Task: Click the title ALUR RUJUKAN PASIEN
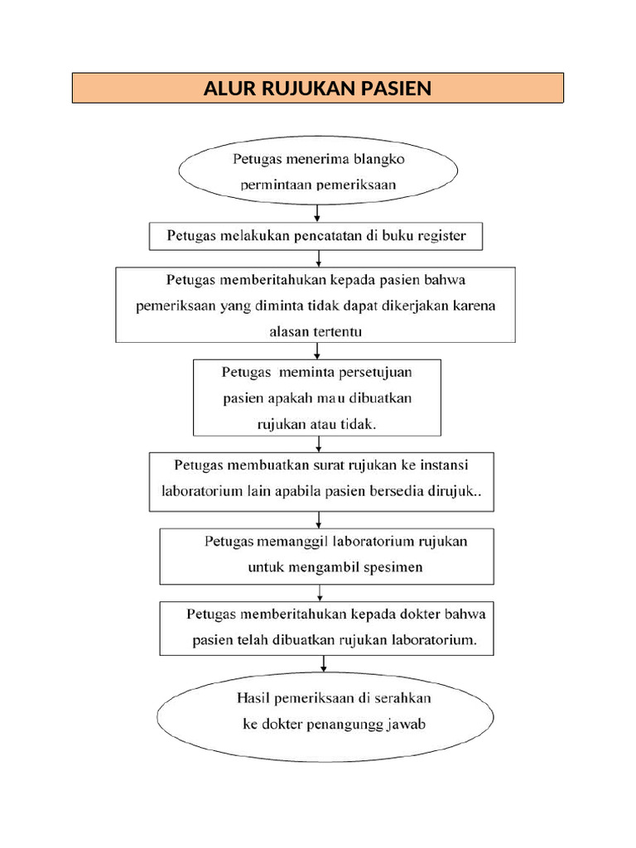point(317,88)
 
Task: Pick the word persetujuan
point(376,373)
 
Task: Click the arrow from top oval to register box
point(317,212)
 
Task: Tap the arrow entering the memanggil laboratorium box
point(319,519)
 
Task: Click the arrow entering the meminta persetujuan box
point(319,351)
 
